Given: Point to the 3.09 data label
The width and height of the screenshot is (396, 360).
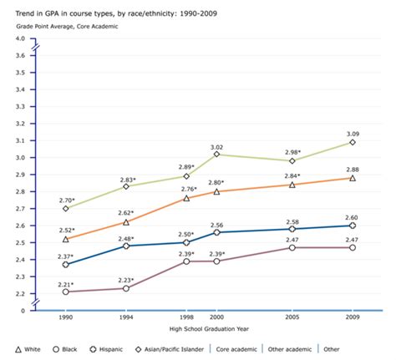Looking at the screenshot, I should (x=353, y=133).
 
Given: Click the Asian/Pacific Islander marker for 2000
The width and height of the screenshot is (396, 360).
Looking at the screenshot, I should (x=216, y=154).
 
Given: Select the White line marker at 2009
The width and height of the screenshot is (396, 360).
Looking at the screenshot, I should (x=353, y=178).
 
